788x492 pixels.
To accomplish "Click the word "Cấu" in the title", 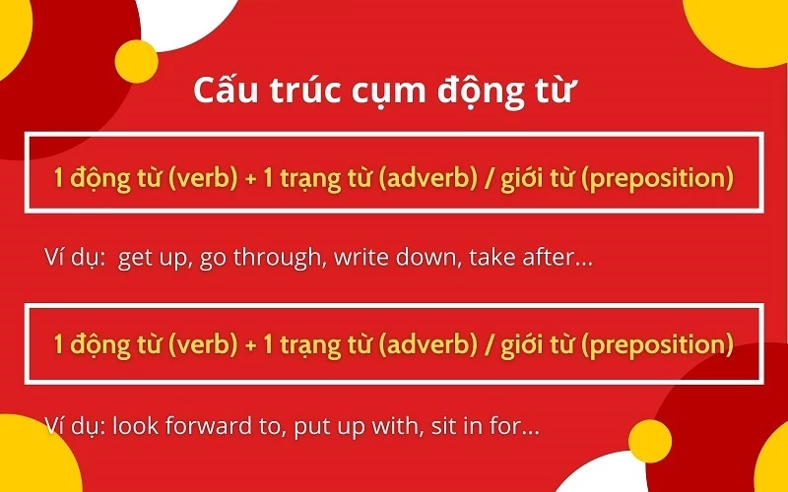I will click(226, 91).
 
